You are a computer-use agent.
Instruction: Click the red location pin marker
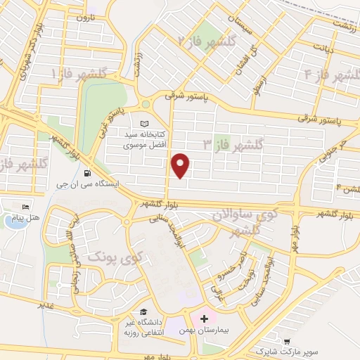click(x=181, y=165)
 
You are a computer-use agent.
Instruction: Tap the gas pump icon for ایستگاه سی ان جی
click(x=86, y=173)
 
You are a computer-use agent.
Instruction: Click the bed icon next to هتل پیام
click(x=26, y=207)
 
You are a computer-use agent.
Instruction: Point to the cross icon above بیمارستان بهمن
click(x=205, y=319)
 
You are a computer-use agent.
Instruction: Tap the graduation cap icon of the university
click(x=143, y=312)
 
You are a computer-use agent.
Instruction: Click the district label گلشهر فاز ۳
click(x=233, y=145)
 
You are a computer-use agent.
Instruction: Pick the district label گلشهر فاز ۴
click(x=326, y=73)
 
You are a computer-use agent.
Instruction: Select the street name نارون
click(x=85, y=17)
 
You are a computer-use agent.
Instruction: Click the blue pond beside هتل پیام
click(x=13, y=221)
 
